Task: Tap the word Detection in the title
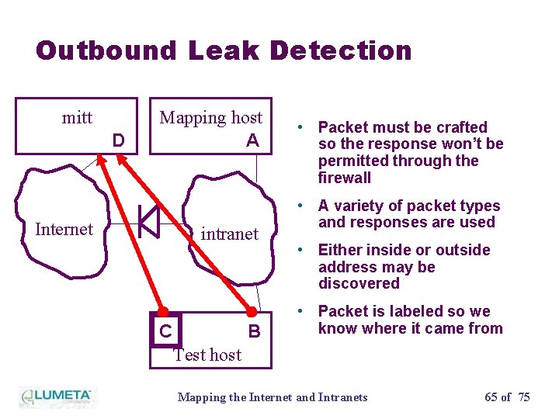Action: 341,51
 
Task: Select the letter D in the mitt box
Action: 118,140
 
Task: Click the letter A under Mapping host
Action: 252,140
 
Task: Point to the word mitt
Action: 77,118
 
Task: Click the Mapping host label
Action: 211,118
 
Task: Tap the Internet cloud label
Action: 64,229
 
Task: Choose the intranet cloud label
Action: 230,234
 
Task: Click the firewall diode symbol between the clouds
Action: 148,222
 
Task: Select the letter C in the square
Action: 165,331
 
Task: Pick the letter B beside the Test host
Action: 253,332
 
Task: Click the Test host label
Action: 207,355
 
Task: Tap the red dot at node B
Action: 252,312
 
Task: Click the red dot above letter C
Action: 163,312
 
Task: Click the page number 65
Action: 491,397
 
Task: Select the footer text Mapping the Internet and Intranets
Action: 273,397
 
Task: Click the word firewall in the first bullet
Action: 345,178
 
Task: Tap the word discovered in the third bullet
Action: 359,283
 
